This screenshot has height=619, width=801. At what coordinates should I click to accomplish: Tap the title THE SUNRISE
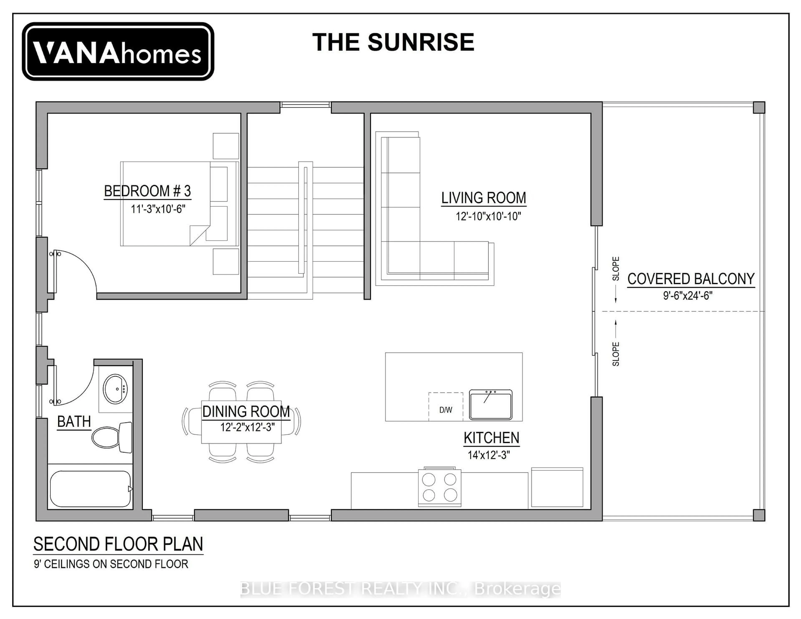pyautogui.click(x=393, y=42)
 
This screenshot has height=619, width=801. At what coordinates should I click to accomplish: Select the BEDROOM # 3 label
pyautogui.click(x=147, y=191)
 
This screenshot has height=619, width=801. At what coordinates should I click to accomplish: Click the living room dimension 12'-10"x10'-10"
pyautogui.click(x=488, y=216)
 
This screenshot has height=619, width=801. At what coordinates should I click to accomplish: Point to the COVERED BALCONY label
pyautogui.click(x=691, y=279)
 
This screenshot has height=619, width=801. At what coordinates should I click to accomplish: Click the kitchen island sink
pyautogui.click(x=491, y=404)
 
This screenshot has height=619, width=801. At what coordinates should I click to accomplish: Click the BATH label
pyautogui.click(x=74, y=422)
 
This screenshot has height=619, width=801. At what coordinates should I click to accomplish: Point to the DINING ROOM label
pyautogui.click(x=246, y=411)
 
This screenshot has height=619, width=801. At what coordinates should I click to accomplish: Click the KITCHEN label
pyautogui.click(x=491, y=438)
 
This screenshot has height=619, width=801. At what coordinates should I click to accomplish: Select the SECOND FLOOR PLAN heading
pyautogui.click(x=118, y=544)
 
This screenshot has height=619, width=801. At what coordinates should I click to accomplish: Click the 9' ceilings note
pyautogui.click(x=111, y=564)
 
